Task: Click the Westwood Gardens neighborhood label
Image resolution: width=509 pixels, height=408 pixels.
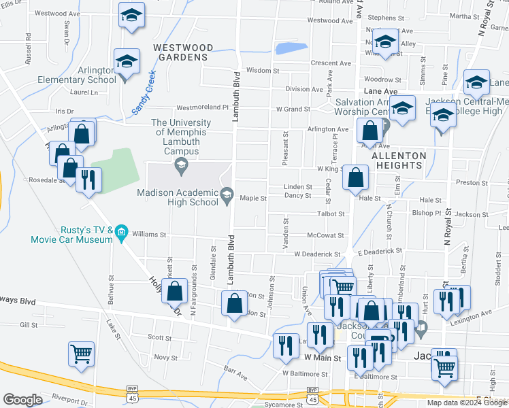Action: click(x=182, y=52)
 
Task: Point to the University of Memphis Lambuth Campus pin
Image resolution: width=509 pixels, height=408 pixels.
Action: click(x=181, y=164)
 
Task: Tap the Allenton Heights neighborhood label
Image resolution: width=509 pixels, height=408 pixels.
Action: click(x=399, y=160)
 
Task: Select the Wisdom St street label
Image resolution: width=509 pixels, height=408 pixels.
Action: click(x=263, y=70)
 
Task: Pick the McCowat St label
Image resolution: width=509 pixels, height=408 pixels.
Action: click(x=325, y=235)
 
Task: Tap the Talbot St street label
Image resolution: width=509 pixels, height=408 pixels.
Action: click(x=331, y=214)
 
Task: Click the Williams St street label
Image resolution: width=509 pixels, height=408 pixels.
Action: click(x=150, y=235)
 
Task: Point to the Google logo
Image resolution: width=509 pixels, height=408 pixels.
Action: click(x=22, y=400)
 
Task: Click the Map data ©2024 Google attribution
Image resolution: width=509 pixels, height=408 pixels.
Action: click(x=467, y=403)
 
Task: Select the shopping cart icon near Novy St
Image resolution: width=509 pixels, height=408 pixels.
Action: click(x=81, y=354)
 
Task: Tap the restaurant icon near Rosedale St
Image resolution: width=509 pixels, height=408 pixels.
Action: click(x=88, y=180)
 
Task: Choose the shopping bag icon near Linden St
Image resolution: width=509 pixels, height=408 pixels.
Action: click(x=355, y=177)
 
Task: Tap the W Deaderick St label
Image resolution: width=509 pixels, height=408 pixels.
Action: click(x=317, y=254)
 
